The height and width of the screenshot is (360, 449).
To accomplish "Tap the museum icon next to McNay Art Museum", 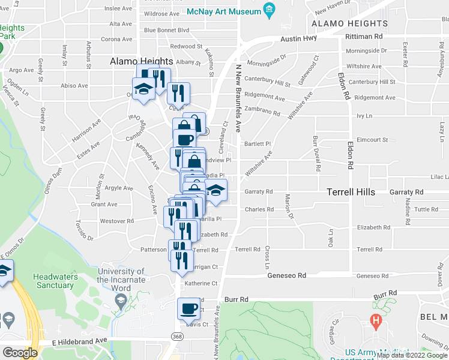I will coord(269,11).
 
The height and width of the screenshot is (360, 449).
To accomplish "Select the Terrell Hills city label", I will coord(351,192).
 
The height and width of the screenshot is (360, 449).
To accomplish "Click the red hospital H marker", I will coord(376,320).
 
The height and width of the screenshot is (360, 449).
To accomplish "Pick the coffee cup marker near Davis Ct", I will coord(188,310).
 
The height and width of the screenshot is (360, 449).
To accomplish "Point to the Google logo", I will coord(20,353).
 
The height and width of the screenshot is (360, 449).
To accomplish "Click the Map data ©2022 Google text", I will coord(412,355).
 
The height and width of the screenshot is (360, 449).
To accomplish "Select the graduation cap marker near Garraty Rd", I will coord(215,191).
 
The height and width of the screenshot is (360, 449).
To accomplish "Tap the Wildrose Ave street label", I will coord(161,13).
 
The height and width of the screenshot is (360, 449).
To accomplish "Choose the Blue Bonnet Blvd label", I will coord(166,30).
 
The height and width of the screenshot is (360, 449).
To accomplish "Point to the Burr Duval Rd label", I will coord(316,153).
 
